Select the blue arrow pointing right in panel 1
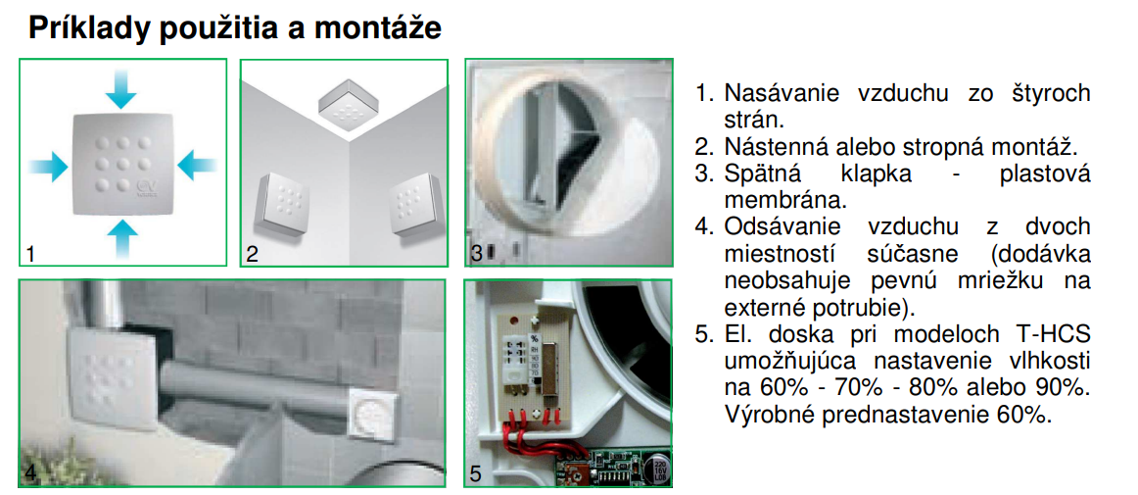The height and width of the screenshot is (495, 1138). (49, 165)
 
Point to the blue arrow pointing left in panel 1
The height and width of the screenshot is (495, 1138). (197, 165)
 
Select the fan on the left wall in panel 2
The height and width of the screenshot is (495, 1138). (279, 205)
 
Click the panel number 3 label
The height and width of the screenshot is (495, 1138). (476, 254)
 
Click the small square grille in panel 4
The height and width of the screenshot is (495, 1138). (373, 416)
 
